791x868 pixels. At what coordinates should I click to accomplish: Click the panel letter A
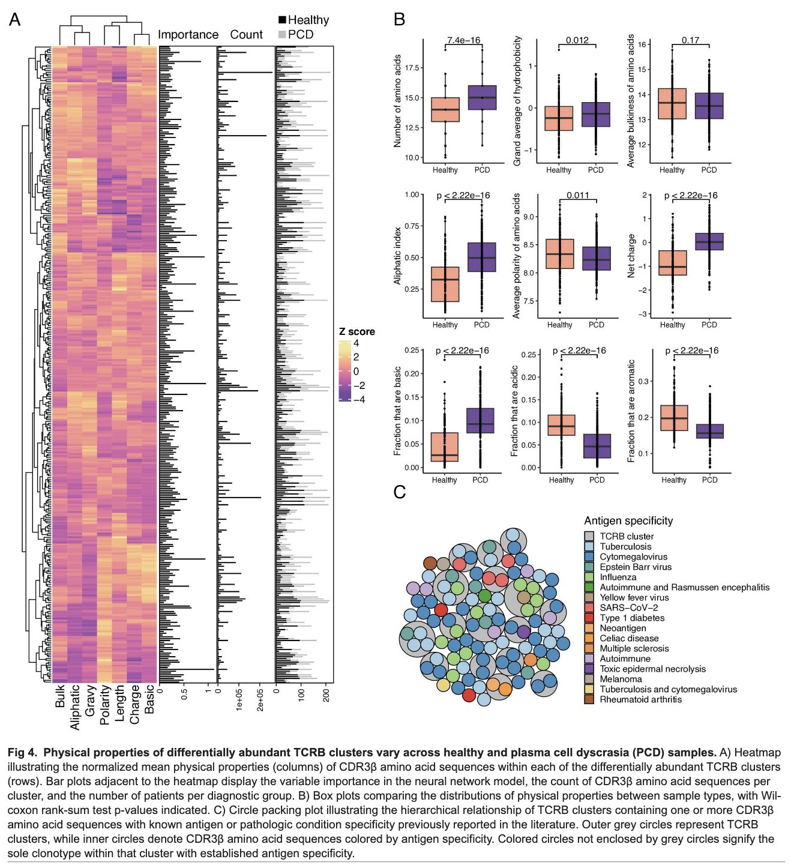coord(14,20)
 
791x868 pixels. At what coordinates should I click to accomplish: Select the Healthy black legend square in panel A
coord(282,20)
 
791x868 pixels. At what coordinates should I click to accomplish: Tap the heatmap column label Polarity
coord(105,705)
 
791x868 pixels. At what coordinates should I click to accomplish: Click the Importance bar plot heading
coord(188,35)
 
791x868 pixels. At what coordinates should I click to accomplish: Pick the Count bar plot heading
coord(246,35)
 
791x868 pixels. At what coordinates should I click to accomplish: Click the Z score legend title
coord(356,331)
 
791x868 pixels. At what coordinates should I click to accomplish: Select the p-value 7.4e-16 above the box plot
coord(463,40)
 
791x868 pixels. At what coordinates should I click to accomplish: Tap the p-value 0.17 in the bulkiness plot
coord(690,40)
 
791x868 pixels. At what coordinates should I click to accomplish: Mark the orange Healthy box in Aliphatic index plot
coord(445,284)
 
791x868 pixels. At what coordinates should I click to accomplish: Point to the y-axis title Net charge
coord(631,256)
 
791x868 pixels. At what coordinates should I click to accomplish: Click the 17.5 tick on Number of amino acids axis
coord(412,68)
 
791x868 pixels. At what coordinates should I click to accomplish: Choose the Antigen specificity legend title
coord(628,520)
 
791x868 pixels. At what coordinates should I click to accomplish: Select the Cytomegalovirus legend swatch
coord(589,556)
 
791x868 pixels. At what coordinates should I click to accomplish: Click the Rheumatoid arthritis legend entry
coord(640,699)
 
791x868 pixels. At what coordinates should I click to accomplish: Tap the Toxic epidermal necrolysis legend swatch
coord(589,669)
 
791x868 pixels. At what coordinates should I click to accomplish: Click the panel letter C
coord(400,492)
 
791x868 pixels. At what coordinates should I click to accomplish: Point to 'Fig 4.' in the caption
coord(22,753)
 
